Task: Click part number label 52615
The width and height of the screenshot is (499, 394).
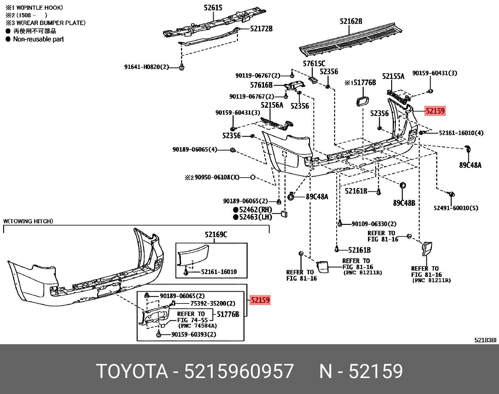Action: [x=213, y=8]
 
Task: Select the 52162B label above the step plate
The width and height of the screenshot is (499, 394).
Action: [x=351, y=21]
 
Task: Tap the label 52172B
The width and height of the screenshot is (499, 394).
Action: [x=261, y=29]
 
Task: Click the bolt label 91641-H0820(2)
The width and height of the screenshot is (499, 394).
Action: [x=146, y=67]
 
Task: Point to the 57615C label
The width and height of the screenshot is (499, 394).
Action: [x=314, y=64]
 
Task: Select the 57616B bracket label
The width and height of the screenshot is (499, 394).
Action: [x=261, y=85]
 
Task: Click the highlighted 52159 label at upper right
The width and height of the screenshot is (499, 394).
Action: [x=435, y=111]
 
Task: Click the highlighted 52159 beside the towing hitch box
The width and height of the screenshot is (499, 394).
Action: [x=260, y=300]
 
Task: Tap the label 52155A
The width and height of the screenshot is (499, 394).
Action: [x=393, y=76]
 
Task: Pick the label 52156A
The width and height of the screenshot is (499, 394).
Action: [x=272, y=105]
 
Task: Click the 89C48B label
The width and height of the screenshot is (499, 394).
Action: [x=404, y=203]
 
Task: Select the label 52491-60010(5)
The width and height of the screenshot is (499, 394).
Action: [x=456, y=208]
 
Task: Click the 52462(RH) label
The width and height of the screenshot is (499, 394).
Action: [x=255, y=210]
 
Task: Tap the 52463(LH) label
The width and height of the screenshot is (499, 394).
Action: [x=255, y=217]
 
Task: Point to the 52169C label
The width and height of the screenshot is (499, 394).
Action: [x=216, y=234]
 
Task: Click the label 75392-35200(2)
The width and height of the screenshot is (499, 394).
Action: [x=213, y=303]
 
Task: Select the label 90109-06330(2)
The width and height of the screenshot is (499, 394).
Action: [x=374, y=224]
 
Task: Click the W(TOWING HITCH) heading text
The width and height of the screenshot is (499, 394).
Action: [x=28, y=221]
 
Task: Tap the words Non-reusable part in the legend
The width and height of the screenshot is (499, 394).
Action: [x=38, y=39]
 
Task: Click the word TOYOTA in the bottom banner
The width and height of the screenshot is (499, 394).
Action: [x=132, y=371]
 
